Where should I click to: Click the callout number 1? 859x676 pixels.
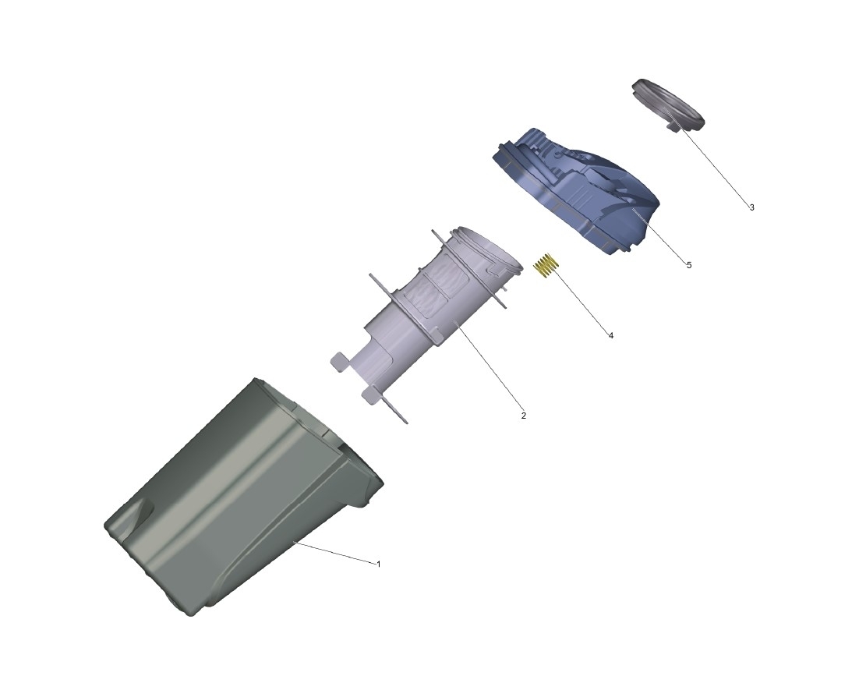pyautogui.click(x=378, y=564)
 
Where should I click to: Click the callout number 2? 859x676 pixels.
pyautogui.click(x=523, y=416)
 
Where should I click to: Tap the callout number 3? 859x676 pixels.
pyautogui.click(x=751, y=207)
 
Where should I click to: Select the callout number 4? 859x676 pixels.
pyautogui.click(x=611, y=335)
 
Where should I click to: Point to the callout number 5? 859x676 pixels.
pyautogui.click(x=688, y=265)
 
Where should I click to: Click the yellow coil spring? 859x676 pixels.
pyautogui.click(x=546, y=266)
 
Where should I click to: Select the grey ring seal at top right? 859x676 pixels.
pyautogui.click(x=668, y=104)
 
